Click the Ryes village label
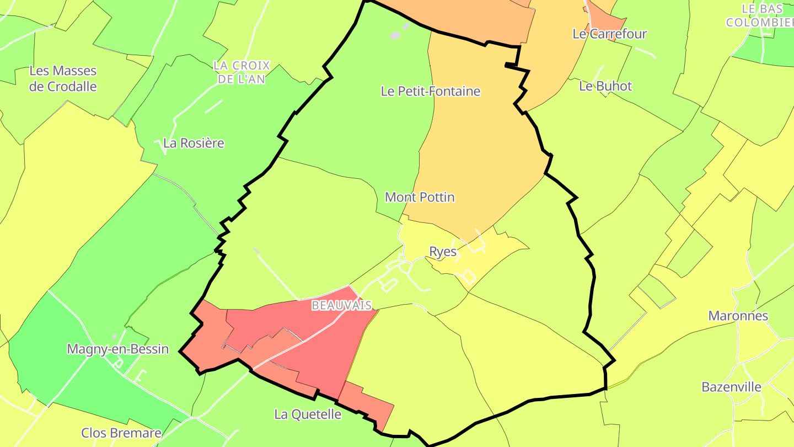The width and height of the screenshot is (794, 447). click(x=443, y=252)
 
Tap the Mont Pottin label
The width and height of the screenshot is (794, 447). click(x=420, y=197)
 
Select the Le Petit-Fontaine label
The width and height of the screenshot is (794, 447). click(x=431, y=92)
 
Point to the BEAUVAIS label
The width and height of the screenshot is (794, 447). click(x=341, y=305)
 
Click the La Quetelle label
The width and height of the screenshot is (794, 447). click(x=308, y=414)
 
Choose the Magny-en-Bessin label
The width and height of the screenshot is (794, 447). click(x=117, y=349)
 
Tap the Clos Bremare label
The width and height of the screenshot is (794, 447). click(x=121, y=433)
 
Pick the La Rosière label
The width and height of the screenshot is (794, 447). click(x=194, y=143)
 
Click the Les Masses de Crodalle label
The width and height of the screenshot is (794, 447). click(x=63, y=79)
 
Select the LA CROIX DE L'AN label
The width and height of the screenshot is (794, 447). click(x=242, y=72)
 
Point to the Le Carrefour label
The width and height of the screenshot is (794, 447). click(x=609, y=34)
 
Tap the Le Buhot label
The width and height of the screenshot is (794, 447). click(x=605, y=86)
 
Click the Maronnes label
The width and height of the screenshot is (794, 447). click(x=738, y=316)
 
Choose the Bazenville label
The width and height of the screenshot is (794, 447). click(x=731, y=387)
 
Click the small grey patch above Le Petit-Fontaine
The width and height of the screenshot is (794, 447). click(x=395, y=35)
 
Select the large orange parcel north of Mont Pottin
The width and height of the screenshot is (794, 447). click(x=480, y=138)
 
